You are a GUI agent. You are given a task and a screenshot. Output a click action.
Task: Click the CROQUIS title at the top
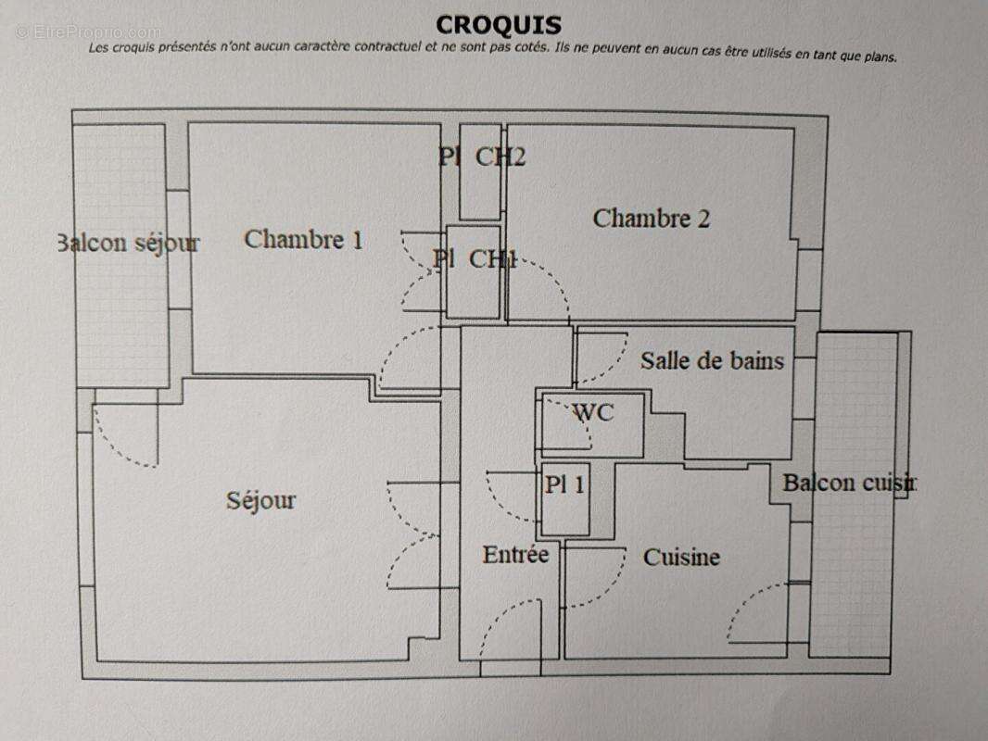coord(498,25)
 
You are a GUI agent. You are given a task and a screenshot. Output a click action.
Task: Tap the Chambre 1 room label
coord(303,240)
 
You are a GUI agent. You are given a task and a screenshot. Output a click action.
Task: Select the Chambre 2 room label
coord(651,219)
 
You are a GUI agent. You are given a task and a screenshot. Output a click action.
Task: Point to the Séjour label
coord(260,501)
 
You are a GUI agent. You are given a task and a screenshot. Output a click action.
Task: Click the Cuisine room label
coord(681,557)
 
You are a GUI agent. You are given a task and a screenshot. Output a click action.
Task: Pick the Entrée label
coord(515,555)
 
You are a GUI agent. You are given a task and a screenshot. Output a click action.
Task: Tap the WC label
coord(593,412)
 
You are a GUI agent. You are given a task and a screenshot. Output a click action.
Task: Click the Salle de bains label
coord(712,360)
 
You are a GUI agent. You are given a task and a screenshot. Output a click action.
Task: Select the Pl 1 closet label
coord(565,484)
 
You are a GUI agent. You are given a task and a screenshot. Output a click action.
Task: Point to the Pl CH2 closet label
coord(482,157)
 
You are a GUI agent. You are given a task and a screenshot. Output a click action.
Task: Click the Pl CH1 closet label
coord(475,259)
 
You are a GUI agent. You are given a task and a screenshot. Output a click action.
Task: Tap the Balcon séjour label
coord(128,244)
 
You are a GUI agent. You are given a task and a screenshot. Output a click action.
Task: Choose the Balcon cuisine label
coord(849,483)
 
